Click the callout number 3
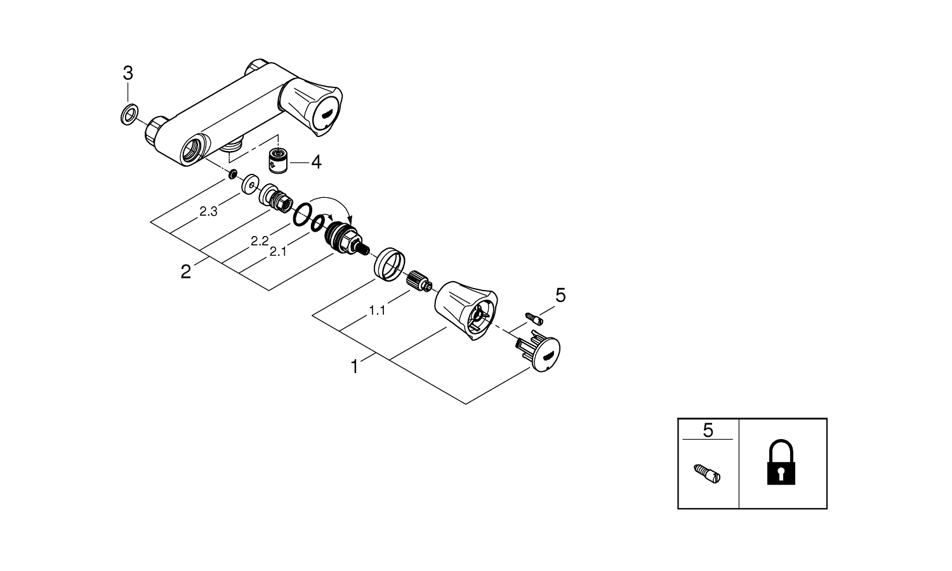[128, 73]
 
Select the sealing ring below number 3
[129, 114]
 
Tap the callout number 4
[316, 162]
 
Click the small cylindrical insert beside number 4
[279, 161]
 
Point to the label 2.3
[209, 211]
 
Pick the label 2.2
[260, 241]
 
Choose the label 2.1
[278, 252]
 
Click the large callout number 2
[186, 272]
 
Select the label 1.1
[377, 311]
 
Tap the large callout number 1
[354, 367]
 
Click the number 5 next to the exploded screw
[560, 295]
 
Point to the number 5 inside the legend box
[708, 430]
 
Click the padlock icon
[781, 463]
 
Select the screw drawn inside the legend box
[707, 474]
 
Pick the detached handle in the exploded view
[466, 310]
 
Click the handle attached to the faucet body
[310, 105]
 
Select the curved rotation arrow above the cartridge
[331, 209]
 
